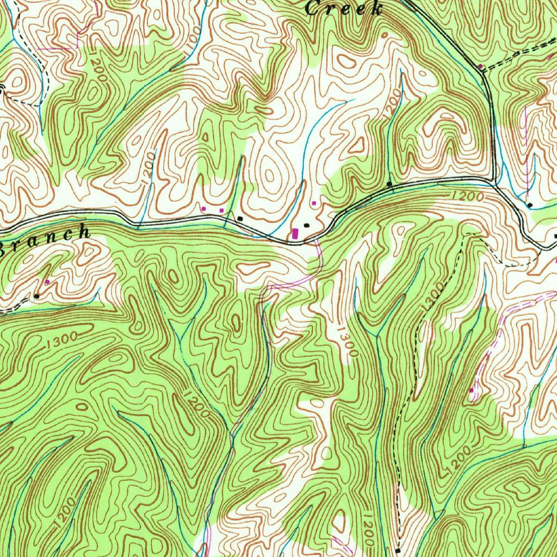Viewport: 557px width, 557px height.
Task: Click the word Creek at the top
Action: pyautogui.click(x=344, y=8)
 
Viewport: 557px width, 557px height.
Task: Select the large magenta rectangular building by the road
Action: pyautogui.click(x=295, y=233)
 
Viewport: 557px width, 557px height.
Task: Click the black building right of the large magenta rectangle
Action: pyautogui.click(x=307, y=224)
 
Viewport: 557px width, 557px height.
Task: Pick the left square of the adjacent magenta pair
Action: pyautogui.click(x=204, y=208)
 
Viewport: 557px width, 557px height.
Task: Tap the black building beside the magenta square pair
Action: pyautogui.click(x=240, y=218)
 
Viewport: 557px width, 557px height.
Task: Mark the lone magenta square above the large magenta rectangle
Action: pyautogui.click(x=314, y=203)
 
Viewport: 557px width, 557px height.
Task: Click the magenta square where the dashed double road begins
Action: pyautogui.click(x=480, y=67)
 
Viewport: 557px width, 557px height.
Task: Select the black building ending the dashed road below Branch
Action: pyautogui.click(x=36, y=296)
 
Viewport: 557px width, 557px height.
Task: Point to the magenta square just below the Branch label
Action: pyautogui.click(x=47, y=282)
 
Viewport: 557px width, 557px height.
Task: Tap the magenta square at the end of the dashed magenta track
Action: pyautogui.click(x=471, y=390)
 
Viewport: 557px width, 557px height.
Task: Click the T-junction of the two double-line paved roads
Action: pyautogui.click(x=492, y=182)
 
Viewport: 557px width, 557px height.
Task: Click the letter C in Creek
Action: pyautogui.click(x=312, y=8)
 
